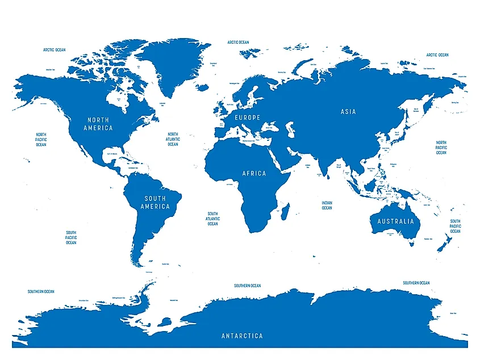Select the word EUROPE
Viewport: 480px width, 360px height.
[248, 118]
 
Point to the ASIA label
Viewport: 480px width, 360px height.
[348, 112]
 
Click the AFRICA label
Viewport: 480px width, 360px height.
[254, 173]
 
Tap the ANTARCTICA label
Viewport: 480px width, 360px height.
[242, 336]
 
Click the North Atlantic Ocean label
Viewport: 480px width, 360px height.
[173, 139]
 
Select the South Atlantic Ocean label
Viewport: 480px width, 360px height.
[212, 219]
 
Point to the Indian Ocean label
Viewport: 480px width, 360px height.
[327, 205]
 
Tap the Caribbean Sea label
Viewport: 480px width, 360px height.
[135, 168]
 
